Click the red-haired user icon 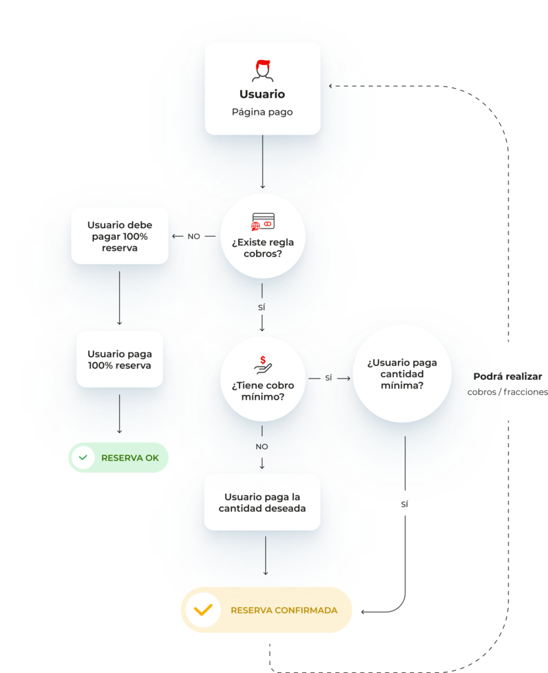pos(262,70)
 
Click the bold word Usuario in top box pos(262,94)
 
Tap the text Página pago pos(262,112)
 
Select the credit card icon pos(263,221)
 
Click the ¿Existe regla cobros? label pos(263,248)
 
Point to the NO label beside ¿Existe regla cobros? pos(193,236)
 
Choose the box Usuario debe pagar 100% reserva pos(119,236)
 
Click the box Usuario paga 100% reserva pos(119,360)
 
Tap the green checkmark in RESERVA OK pos(84,457)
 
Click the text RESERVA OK pos(130,458)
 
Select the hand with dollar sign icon pos(263,365)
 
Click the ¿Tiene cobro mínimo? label pos(263,391)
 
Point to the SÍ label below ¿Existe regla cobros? pos(262,308)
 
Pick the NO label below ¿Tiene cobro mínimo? pos(262,446)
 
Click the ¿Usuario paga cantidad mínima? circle pos(402,374)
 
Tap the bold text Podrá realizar pos(508,377)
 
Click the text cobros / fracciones pos(508,392)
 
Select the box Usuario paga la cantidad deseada pos(262,502)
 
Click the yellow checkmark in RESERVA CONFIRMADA pos(203,610)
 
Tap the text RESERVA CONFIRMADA pos(284,611)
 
